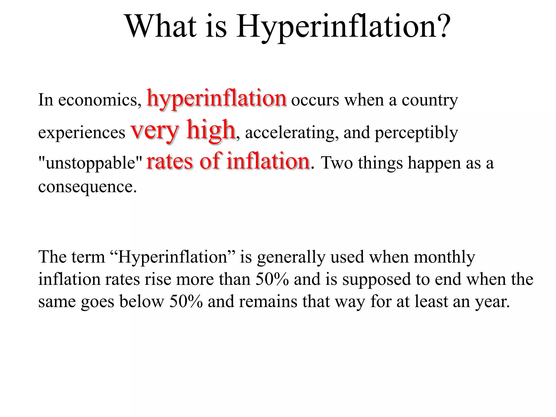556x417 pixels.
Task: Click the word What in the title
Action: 161,26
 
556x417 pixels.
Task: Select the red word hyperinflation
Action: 216,98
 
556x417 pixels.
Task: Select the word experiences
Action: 82,133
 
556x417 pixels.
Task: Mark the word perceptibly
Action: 416,133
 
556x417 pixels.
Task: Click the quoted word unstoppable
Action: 90,163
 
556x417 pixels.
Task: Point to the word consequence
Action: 87,187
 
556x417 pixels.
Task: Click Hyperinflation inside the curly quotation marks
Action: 173,257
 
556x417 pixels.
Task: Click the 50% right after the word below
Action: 186,301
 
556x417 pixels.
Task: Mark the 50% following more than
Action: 272,279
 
